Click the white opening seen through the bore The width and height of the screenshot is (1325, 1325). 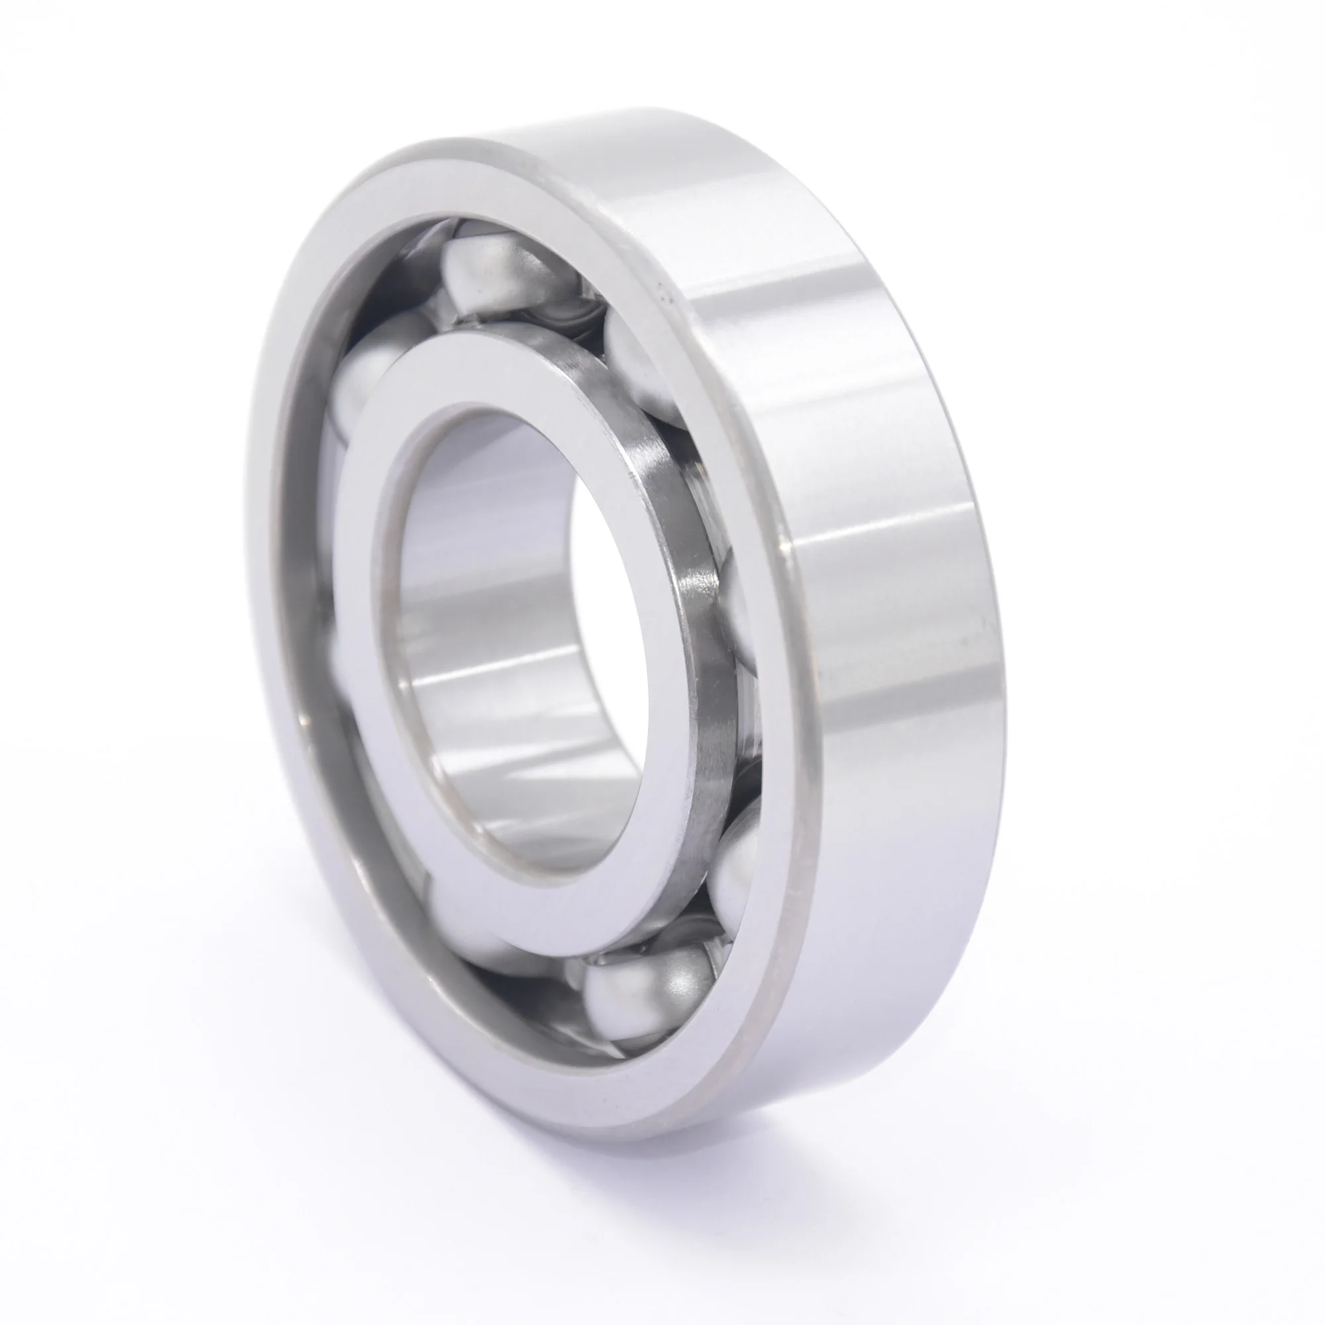click(604, 569)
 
